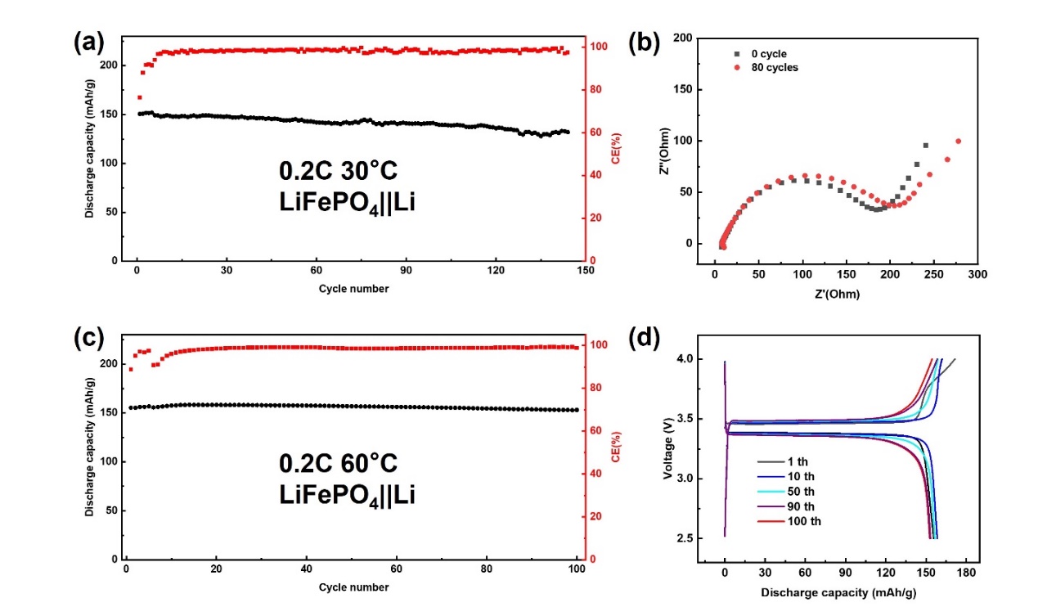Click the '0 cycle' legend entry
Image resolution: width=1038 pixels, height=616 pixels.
(x=767, y=54)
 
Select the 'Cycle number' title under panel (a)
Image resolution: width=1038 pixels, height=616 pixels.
(x=355, y=289)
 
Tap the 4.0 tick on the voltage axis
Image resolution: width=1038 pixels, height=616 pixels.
(x=685, y=359)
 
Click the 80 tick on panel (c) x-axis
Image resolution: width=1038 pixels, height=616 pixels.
(x=487, y=569)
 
